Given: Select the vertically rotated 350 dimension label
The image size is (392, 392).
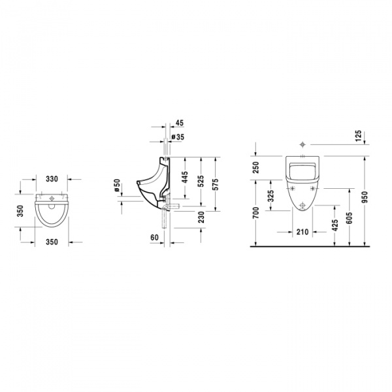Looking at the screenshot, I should (20, 212).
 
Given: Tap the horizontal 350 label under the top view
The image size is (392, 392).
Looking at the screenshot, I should (52, 242).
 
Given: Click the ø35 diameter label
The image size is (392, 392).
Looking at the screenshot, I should (177, 137).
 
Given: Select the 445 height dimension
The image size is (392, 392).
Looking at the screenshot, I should (185, 176).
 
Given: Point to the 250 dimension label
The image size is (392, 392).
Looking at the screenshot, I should (256, 169).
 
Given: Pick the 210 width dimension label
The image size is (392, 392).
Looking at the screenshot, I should (302, 231).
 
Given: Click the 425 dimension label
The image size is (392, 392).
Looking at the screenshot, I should (335, 226).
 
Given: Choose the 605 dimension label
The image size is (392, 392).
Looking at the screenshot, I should (350, 218).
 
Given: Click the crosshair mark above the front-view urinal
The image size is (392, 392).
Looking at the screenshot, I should (302, 144).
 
